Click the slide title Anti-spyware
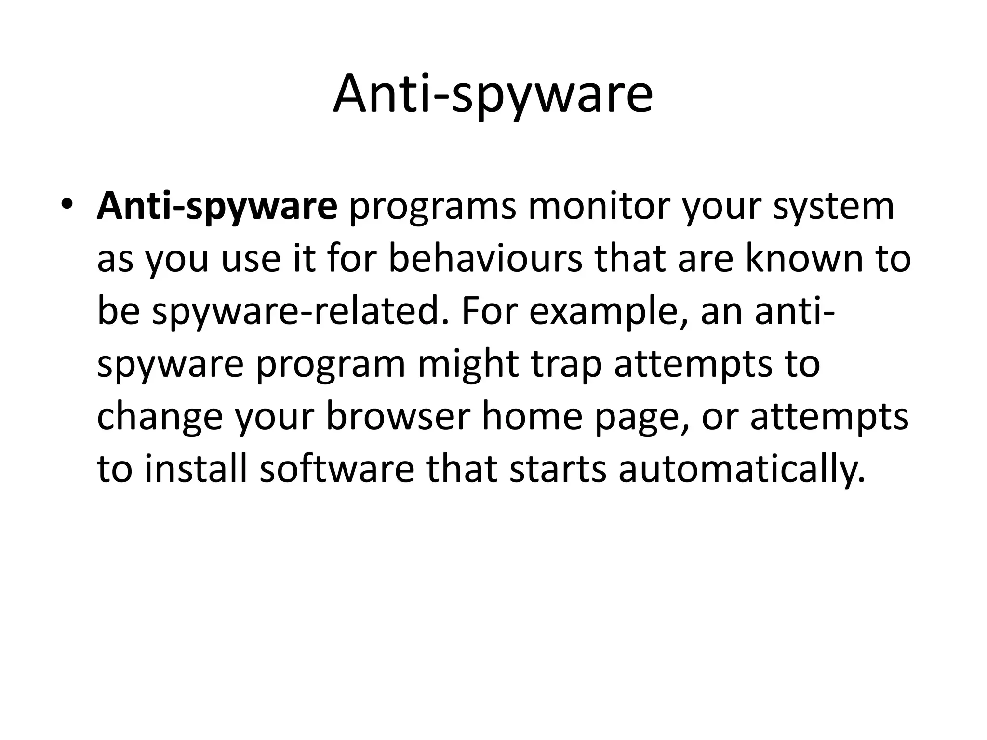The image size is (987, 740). (x=493, y=94)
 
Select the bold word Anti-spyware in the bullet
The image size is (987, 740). (x=217, y=206)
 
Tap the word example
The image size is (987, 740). (x=609, y=312)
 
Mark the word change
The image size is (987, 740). (x=160, y=417)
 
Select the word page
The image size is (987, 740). (x=643, y=417)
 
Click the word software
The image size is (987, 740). (x=337, y=470)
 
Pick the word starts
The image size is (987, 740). (x=558, y=470)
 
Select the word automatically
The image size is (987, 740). (x=742, y=470)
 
